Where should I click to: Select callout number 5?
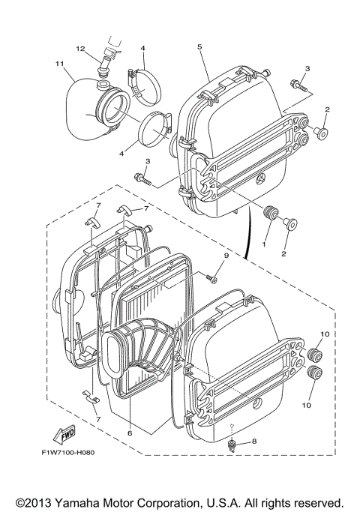coord(200,47)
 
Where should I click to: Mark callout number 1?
coord(263,244)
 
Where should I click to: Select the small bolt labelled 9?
coord(212,279)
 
